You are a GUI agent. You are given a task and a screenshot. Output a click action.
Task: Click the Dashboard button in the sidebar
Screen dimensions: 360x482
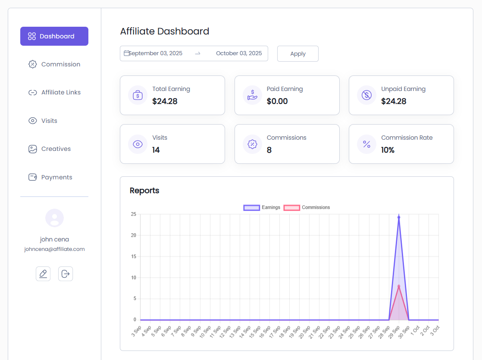click(54, 36)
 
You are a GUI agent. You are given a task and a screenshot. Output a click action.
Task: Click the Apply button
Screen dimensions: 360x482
click(297, 54)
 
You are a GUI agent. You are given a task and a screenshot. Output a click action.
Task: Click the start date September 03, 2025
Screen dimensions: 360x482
click(156, 53)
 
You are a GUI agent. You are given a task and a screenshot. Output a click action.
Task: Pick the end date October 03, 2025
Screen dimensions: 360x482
click(239, 53)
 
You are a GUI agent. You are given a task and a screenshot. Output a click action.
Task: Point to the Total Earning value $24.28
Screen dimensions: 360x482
click(165, 101)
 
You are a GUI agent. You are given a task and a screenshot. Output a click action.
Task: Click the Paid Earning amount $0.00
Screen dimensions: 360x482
click(277, 101)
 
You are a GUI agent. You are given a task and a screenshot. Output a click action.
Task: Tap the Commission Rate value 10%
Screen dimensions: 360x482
click(388, 150)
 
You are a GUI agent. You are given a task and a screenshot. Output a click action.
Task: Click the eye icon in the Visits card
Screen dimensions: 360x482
click(138, 144)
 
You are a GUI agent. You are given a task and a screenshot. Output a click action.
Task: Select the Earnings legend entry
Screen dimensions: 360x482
click(262, 207)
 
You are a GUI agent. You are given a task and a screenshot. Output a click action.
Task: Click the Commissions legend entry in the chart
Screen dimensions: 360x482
click(307, 207)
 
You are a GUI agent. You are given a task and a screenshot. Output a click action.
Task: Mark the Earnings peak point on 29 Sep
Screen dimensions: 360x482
click(399, 217)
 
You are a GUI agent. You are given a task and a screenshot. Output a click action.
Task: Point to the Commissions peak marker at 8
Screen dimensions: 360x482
click(399, 286)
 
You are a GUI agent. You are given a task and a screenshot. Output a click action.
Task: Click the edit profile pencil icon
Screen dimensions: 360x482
click(43, 274)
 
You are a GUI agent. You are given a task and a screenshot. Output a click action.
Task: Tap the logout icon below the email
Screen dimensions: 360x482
click(66, 274)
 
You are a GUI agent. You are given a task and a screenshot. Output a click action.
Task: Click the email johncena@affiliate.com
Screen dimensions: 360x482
click(54, 249)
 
